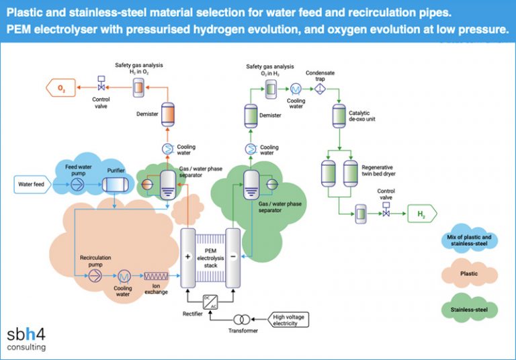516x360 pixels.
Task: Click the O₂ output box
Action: [x=60, y=87]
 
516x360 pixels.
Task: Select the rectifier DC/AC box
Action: [x=210, y=301]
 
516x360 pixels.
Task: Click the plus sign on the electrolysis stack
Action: [x=188, y=257]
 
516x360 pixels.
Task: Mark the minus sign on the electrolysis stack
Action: [x=232, y=257]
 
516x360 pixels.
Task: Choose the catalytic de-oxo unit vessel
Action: [x=339, y=116]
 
